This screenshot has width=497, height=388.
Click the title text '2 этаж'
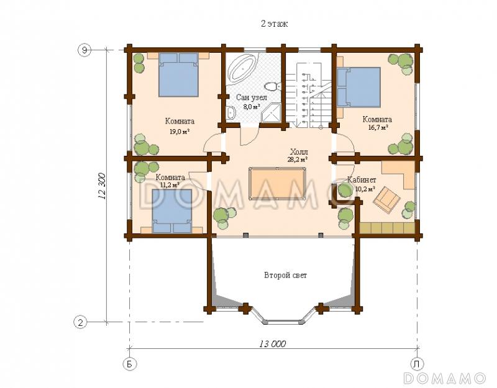(x=274, y=24)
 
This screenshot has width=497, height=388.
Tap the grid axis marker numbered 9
(x=84, y=50)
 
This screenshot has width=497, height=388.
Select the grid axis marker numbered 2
(x=81, y=322)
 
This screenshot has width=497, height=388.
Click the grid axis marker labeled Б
(x=129, y=364)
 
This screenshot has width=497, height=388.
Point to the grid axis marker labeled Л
(x=416, y=364)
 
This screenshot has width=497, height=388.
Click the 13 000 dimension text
(x=273, y=344)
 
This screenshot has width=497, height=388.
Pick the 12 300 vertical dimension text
(x=102, y=186)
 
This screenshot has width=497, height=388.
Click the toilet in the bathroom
(x=273, y=86)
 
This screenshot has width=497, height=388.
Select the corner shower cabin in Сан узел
(x=271, y=113)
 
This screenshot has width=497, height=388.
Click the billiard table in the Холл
(x=278, y=183)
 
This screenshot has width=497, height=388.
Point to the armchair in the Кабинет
(x=386, y=199)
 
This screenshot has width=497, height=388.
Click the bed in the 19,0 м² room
(x=178, y=74)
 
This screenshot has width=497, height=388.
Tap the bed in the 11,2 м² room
(x=172, y=211)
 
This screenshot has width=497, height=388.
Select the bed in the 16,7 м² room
(x=358, y=86)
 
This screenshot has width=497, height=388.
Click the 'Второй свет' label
(x=286, y=275)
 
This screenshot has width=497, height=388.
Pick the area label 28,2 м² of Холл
(x=298, y=160)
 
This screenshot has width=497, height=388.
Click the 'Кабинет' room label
(x=362, y=180)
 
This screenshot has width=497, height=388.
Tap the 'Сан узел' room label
(x=252, y=97)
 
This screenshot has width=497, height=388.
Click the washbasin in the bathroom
(x=232, y=113)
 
